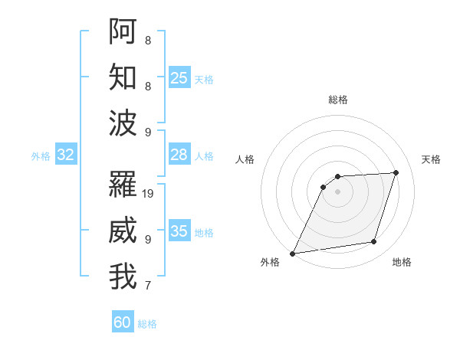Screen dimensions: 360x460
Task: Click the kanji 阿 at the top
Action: (x=123, y=31)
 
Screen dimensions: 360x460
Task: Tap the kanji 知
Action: (x=123, y=77)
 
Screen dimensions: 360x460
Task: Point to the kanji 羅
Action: (x=123, y=185)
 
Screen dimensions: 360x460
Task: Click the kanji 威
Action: (x=123, y=231)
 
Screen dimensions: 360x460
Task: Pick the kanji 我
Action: (x=123, y=277)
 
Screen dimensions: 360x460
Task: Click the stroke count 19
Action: (x=149, y=193)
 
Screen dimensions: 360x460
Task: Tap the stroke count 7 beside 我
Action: (x=147, y=286)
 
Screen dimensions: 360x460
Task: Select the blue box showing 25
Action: (x=179, y=78)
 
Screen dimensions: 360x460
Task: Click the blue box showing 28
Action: (x=179, y=155)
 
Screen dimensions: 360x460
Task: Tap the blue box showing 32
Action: (x=65, y=155)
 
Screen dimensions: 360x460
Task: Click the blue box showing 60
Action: (x=123, y=322)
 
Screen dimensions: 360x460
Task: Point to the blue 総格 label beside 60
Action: (x=148, y=324)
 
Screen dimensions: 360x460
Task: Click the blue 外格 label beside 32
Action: (x=41, y=156)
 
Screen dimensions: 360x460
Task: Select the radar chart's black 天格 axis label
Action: (x=431, y=159)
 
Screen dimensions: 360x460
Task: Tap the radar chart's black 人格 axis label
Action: (x=245, y=159)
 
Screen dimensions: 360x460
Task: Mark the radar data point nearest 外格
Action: (x=292, y=254)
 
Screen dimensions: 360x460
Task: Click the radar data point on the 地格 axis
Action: (x=374, y=242)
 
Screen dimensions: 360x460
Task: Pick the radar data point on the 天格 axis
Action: (x=396, y=172)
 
